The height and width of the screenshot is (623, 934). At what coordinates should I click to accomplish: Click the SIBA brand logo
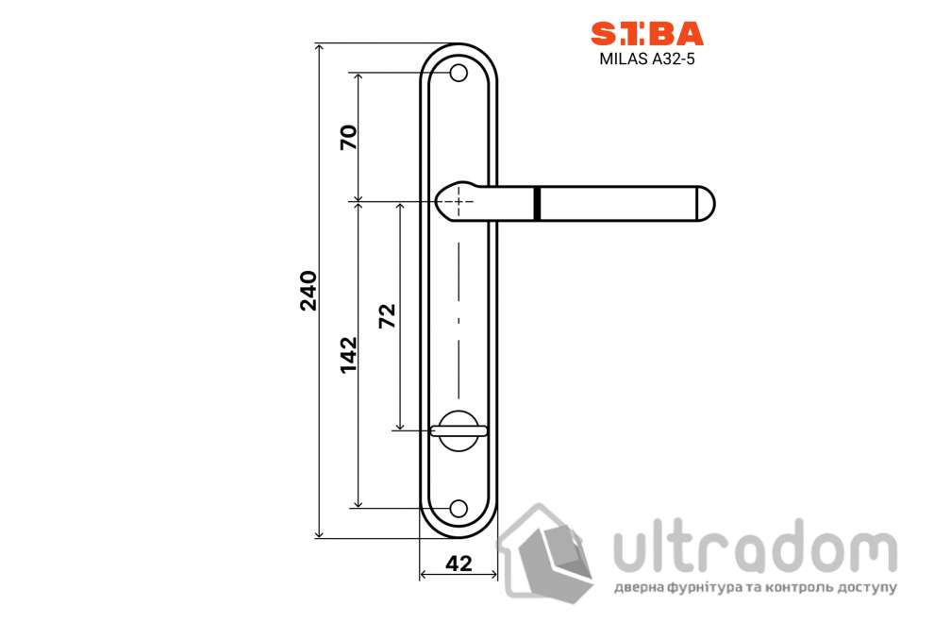[x=646, y=33]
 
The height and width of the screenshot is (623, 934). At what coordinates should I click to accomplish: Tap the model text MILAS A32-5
[x=646, y=58]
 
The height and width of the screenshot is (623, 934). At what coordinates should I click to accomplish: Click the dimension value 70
[x=348, y=138]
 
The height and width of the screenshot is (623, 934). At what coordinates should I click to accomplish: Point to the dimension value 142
[x=348, y=354]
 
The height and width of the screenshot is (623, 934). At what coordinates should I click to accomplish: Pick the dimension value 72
[x=387, y=316]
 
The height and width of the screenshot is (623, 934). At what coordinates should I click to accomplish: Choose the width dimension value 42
[x=459, y=564]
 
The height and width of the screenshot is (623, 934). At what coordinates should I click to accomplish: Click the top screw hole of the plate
[x=459, y=73]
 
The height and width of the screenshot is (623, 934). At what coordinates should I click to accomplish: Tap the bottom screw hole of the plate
[x=459, y=508]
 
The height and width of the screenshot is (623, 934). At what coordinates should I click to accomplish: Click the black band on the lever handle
[x=537, y=203]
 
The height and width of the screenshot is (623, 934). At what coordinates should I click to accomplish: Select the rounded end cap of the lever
[x=706, y=203]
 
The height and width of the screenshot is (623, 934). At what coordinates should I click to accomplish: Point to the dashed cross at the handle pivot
[x=459, y=201]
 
